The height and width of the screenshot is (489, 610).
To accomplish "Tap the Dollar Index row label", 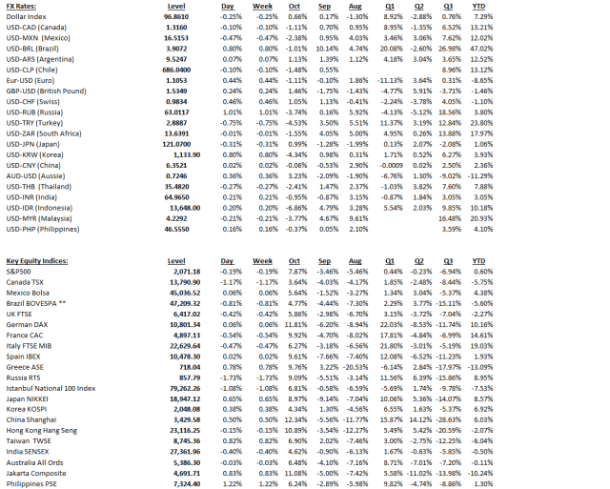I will pos(28,17).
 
